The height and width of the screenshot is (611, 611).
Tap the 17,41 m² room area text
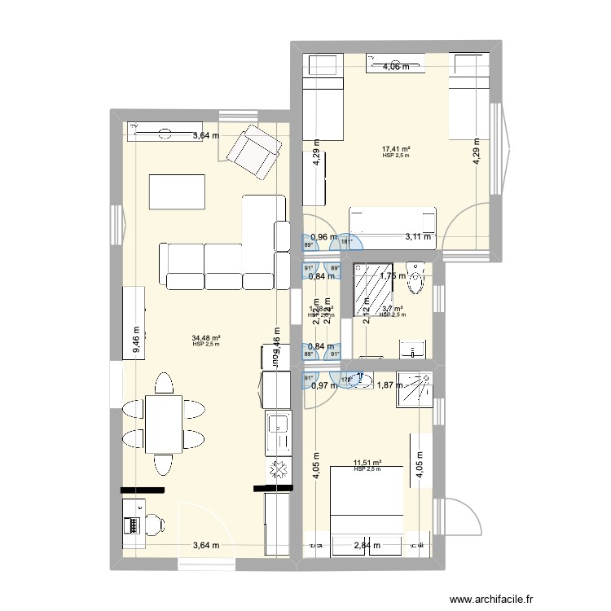(396, 149)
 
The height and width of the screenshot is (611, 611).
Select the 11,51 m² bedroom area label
(368, 463)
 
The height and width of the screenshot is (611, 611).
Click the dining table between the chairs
(163, 423)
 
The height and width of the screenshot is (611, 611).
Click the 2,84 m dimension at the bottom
(367, 547)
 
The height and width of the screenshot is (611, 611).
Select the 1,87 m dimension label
(389, 385)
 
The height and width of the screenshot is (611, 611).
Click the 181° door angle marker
(345, 241)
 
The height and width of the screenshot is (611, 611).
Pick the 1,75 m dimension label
(393, 276)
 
